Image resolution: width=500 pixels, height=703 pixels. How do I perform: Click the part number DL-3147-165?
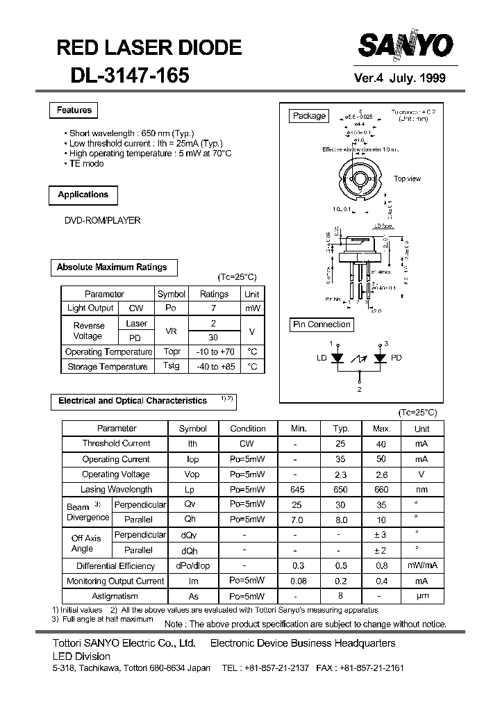coord(129,76)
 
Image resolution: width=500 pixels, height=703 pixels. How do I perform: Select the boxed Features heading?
coord(74,110)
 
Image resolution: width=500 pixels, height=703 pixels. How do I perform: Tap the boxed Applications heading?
coord(83,195)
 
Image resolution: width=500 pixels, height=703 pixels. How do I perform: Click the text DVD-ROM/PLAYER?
coord(103,220)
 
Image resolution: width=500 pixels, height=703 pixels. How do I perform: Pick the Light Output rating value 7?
coord(214,308)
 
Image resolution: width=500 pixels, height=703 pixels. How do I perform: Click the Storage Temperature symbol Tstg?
coord(171,366)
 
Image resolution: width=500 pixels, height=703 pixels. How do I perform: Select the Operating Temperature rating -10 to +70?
coord(214,352)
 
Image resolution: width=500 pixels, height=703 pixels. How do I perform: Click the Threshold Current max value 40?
coord(381,443)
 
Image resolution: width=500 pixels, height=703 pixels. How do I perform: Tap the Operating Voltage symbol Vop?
coord(192,474)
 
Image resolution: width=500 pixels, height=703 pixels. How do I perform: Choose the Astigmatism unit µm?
coord(422,596)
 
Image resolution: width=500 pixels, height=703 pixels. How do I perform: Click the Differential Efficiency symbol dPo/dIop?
coord(192,565)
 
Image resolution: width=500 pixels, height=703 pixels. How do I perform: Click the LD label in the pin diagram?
coord(322,358)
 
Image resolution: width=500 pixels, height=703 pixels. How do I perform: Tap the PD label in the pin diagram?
coord(396,358)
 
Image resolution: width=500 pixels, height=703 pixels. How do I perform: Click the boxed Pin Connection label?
coord(322,324)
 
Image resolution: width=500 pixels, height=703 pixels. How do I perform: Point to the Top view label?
coord(407,179)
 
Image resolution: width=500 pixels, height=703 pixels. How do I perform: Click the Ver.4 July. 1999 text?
coord(400,78)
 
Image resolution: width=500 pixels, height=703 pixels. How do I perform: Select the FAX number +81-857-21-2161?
coord(371,668)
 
